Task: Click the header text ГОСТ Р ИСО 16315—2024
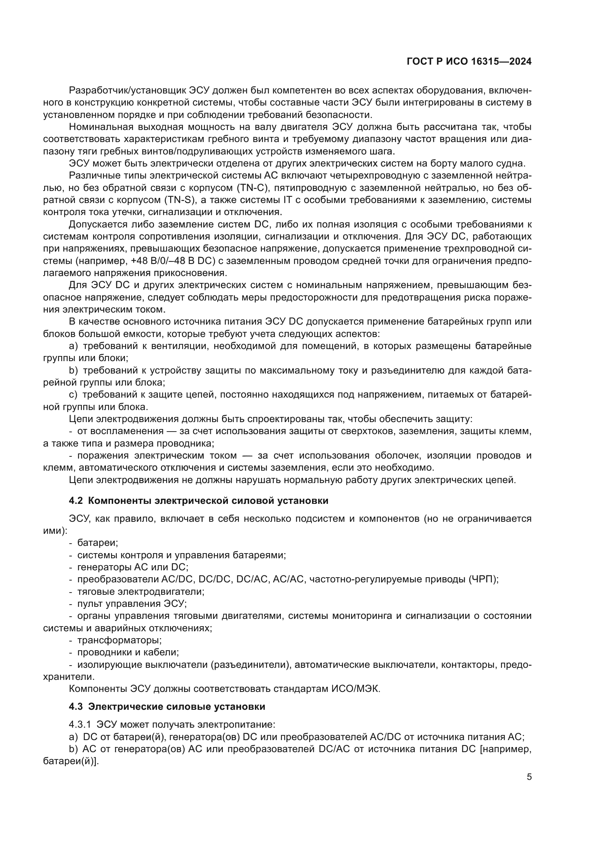tap(469, 62)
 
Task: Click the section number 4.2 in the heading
tap(76, 501)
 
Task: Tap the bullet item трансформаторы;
tap(119, 640)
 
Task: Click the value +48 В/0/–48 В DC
tap(173, 261)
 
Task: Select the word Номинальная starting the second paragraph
tap(101, 127)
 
